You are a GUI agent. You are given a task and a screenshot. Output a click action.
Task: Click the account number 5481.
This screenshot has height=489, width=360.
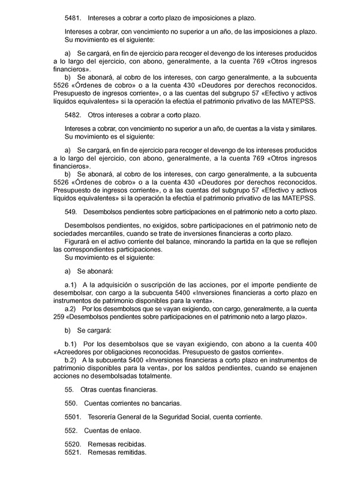click(72, 19)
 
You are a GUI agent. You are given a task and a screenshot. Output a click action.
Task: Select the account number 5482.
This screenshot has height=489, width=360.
click(72, 115)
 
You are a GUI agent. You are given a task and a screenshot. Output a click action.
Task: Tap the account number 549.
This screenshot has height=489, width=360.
click(70, 212)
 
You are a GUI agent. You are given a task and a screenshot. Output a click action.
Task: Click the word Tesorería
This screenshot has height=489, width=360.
click(103, 416)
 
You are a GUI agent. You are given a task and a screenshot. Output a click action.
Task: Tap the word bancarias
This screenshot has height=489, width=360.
click(164, 403)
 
